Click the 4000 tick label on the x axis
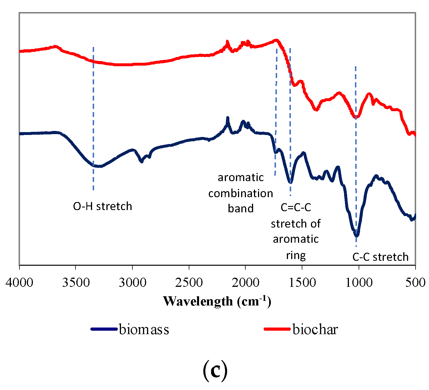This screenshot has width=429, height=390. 19,283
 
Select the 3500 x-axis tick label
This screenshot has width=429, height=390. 76,283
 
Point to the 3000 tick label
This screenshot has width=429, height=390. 132,283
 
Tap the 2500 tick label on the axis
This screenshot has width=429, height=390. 189,283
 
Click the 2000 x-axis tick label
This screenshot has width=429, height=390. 245,283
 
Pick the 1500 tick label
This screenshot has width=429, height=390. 302,283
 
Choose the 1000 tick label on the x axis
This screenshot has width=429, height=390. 359,283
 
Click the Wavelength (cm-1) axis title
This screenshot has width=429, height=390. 217,301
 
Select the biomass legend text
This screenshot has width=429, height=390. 144,329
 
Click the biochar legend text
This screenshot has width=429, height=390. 315,329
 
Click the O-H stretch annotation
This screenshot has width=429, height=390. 103,206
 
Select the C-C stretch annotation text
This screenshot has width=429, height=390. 380,257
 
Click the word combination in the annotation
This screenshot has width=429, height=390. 241,193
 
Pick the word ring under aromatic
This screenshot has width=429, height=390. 296,255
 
